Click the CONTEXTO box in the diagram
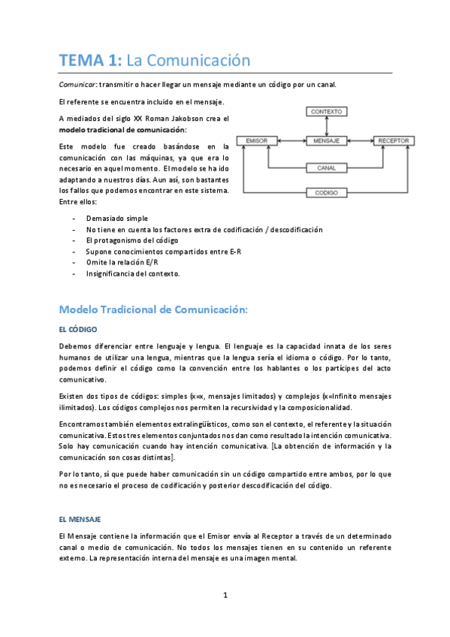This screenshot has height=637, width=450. tap(326, 111)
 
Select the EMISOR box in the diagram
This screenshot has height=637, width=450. tap(257, 140)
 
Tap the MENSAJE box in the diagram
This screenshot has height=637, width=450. tap(326, 140)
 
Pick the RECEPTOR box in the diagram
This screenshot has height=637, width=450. tap(394, 140)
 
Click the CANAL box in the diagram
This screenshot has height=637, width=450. tap(326, 168)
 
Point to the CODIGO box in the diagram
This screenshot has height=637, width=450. tap(326, 193)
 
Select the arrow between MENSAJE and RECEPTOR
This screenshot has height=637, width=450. tap(360, 140)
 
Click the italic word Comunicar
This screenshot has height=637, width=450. tap(77, 84)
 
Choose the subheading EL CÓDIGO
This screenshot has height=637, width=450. tap(77, 329)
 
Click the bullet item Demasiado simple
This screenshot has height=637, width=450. tap(111, 217)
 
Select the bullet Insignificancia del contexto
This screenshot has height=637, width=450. tap(133, 273)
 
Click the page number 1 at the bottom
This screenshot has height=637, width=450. tap(225, 596)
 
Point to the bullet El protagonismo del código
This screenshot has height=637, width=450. tap(132, 240)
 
